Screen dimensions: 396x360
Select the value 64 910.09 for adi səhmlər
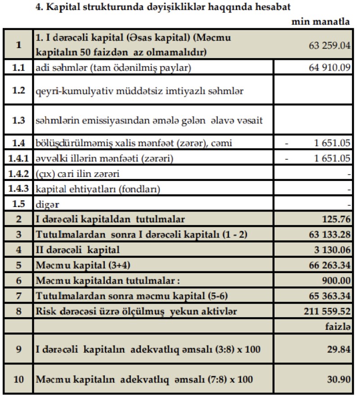coord(330,68)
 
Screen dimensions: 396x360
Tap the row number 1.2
coord(18,90)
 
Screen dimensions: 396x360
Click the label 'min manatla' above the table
coord(321,22)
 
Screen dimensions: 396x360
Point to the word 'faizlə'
coord(337,326)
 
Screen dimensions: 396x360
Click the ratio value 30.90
coord(340,379)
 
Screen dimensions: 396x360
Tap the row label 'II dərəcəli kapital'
coord(78,250)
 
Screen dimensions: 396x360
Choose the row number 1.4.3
coord(18,189)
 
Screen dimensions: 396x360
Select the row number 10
coord(18,379)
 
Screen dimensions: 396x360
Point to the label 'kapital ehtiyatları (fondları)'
coord(99,189)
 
